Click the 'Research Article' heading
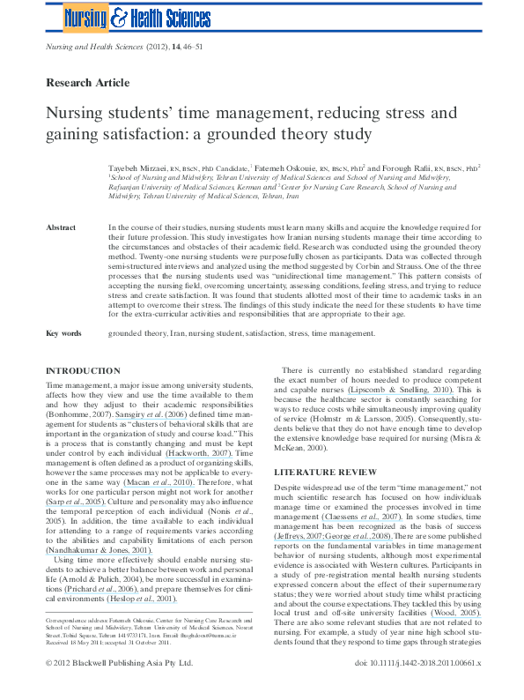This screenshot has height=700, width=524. click(x=87, y=83)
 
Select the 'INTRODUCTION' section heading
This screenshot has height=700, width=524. click(x=83, y=371)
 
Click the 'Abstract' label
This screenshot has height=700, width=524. click(x=63, y=227)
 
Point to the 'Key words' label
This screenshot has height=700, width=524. click(x=63, y=333)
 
